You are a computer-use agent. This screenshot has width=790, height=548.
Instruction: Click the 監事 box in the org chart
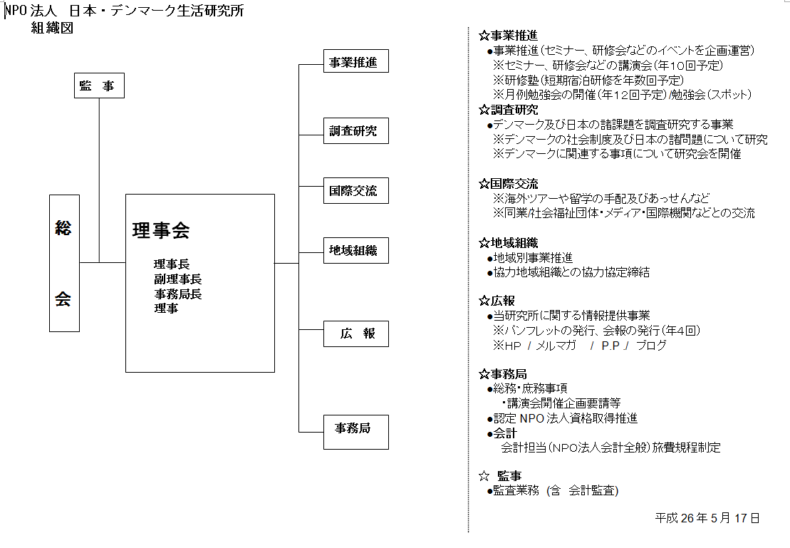[99, 86]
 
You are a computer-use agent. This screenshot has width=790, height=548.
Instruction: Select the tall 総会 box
[65, 263]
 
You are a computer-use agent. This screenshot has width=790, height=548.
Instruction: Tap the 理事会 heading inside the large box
[161, 230]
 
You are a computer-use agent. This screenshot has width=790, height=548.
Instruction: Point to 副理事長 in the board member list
[178, 279]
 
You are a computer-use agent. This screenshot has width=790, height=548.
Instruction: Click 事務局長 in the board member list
[178, 294]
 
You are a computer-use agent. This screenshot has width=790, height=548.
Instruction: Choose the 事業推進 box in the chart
[355, 61]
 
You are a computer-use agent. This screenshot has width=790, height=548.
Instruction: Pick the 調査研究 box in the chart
[355, 131]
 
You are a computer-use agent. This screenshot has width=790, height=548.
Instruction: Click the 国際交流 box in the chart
[355, 190]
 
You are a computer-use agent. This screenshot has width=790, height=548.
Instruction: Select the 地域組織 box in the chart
[355, 251]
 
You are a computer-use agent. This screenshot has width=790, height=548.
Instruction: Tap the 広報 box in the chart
[355, 334]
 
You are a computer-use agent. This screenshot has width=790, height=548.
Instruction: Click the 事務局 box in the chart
[355, 432]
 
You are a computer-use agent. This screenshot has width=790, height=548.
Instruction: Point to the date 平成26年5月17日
[707, 518]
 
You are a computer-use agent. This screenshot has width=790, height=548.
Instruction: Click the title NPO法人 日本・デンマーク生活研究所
[125, 11]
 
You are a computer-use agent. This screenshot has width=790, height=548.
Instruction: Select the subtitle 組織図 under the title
[53, 28]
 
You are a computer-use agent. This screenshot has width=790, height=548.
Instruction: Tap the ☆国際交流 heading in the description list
[509, 184]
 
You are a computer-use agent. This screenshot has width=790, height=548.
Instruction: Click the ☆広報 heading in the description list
[497, 301]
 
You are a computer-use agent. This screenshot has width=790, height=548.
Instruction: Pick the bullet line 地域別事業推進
[530, 258]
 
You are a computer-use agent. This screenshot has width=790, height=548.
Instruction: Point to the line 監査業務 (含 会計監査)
[553, 490]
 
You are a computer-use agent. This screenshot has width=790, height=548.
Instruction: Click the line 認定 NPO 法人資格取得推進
[562, 418]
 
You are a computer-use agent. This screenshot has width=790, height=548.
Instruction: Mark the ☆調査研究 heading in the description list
[509, 110]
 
